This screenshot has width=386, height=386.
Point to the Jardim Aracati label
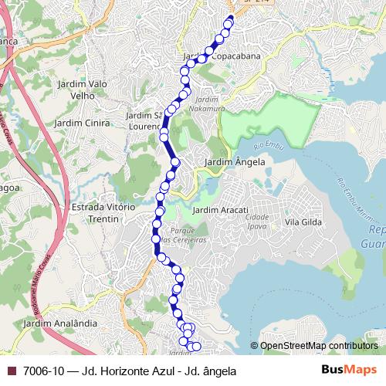220,211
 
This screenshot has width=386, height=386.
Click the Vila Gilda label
303,222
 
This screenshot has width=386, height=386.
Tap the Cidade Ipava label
256,222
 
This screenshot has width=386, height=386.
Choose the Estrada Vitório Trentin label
102,213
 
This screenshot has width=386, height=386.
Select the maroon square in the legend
10,371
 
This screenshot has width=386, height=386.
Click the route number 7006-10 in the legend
42,371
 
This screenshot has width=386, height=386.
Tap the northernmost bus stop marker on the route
229,21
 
